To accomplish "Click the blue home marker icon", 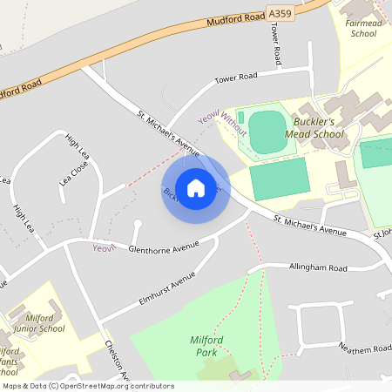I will pos(195,188).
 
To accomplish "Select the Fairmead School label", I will pos(363,28).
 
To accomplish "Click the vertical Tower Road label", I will pos(276,44).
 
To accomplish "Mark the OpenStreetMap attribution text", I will pos(88,386).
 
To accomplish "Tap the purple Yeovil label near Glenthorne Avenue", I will pos(104,248).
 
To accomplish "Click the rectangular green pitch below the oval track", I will pos(280,179).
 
